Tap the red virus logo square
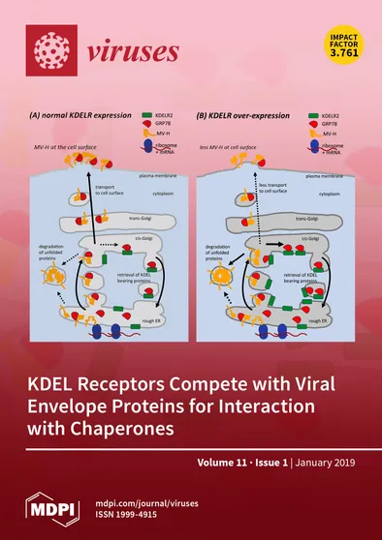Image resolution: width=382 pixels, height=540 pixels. [x=50, y=45]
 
